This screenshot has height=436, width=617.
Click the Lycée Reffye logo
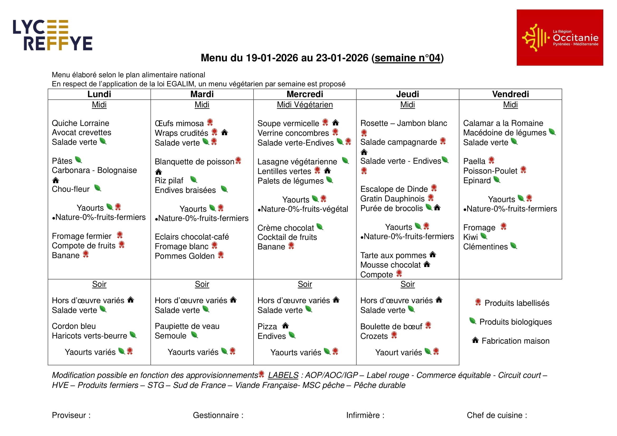[x=53, y=35]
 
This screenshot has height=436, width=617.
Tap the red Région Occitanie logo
[x=559, y=38]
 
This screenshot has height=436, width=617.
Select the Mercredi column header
[x=305, y=94]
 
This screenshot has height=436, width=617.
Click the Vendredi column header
[x=510, y=94]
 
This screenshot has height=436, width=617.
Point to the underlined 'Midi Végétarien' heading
[x=305, y=105]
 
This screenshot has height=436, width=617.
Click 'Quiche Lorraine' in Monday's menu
[x=80, y=123]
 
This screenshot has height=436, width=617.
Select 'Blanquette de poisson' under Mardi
[x=194, y=162]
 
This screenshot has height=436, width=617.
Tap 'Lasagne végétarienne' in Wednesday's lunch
[x=297, y=162]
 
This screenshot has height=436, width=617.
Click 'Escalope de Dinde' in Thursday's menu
[x=394, y=189]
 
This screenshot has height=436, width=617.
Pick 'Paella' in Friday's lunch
[x=474, y=161]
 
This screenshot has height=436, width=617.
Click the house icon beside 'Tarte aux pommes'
[x=433, y=254]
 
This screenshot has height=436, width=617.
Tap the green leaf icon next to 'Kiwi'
[x=484, y=236]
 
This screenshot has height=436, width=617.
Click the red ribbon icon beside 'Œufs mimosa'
[x=210, y=122]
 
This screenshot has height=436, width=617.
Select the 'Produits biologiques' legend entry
[x=515, y=322]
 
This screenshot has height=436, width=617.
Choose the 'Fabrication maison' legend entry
[x=515, y=341]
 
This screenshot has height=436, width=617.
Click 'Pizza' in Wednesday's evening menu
[x=267, y=326]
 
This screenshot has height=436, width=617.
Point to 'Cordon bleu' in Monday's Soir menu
[x=74, y=326]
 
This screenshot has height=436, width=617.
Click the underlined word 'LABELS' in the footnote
[x=283, y=375]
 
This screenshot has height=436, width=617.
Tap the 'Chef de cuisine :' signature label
[x=497, y=415]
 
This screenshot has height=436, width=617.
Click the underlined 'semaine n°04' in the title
[x=407, y=58]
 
